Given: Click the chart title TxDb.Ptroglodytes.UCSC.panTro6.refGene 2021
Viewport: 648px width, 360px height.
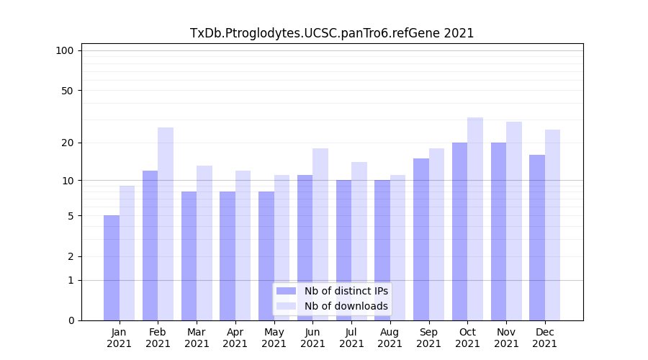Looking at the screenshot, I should click(x=332, y=33).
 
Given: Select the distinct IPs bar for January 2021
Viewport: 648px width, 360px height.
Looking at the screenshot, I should click(x=112, y=268).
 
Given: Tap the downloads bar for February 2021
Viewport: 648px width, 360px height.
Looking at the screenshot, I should click(x=166, y=224).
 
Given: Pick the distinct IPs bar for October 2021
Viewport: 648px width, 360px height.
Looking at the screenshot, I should click(x=459, y=231).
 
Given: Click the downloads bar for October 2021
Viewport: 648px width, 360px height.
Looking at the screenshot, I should click(x=475, y=219).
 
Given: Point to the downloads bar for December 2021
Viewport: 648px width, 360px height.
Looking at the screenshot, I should click(x=552, y=225).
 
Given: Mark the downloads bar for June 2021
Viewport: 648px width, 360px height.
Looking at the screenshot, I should click(x=320, y=234).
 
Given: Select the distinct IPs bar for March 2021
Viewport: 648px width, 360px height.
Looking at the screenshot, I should click(x=189, y=256).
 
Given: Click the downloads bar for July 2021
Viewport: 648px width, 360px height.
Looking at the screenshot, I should click(x=359, y=241).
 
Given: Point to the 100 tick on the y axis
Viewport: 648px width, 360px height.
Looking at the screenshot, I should click(x=65, y=50).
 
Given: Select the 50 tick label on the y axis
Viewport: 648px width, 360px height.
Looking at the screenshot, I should click(x=67, y=91).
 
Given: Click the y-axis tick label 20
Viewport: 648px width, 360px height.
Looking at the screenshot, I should click(x=67, y=143).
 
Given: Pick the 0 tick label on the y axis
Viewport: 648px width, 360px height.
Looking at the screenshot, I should click(x=70, y=320).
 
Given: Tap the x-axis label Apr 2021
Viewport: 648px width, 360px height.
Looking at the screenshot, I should click(x=235, y=338).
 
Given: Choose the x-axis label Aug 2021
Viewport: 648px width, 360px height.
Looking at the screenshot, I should click(x=390, y=338).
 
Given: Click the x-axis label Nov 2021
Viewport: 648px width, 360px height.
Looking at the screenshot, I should click(x=506, y=338).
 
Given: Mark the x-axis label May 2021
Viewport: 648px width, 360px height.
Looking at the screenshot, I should click(x=274, y=338).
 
